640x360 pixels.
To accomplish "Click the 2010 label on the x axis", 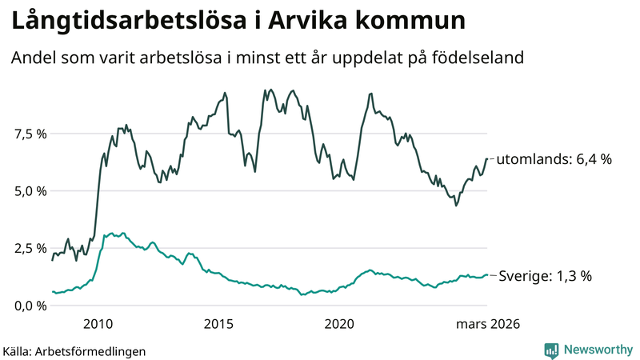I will point(98,324).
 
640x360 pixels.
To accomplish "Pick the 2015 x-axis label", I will point(218,324).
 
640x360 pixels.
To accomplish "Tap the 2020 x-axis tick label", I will point(339,324).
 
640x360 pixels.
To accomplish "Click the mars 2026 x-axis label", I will point(488,324).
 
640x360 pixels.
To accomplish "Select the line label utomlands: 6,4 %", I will point(554,159).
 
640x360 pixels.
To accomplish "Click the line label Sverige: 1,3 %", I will point(545,276).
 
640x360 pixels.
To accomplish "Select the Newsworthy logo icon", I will point(551,350).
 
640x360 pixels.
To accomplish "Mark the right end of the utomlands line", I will point(486,158).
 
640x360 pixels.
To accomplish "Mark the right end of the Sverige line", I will point(487,275).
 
